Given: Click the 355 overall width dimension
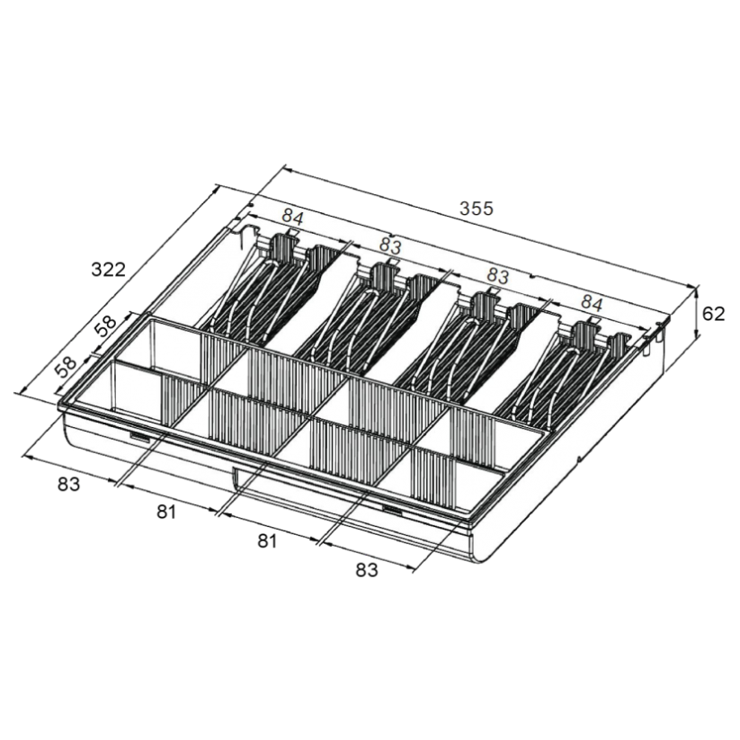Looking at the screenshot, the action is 477,208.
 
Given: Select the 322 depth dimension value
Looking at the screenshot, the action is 109,270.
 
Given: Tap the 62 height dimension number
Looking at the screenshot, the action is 713,314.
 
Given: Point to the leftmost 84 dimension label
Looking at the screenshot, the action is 293,218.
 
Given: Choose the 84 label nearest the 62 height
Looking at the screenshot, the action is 592,303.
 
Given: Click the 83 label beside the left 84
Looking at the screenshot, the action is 390,246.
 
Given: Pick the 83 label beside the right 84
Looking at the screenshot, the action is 497,276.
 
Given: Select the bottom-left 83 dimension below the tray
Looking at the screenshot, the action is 69,485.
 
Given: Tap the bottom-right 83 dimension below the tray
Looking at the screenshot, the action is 367,570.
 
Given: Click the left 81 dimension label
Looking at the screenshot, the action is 166,512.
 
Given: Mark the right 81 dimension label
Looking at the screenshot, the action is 267,541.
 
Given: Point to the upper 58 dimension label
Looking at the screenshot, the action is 108,325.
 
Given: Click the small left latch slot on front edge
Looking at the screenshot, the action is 139,439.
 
